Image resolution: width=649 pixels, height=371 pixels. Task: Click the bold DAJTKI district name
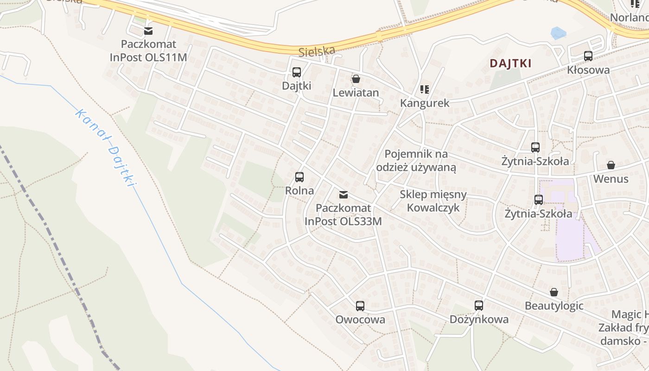(510, 64)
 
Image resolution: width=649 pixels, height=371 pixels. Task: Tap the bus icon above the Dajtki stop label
(297, 72)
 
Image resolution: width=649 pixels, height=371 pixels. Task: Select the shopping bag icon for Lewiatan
(356, 79)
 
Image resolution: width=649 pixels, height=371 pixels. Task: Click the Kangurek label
(425, 103)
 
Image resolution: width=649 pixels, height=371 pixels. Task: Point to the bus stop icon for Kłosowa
(588, 56)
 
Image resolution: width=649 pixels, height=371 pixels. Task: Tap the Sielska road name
(317, 51)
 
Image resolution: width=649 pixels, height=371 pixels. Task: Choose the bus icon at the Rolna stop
(299, 177)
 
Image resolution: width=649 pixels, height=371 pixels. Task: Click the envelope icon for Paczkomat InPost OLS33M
(343, 195)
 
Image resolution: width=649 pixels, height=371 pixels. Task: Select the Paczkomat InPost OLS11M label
(148, 51)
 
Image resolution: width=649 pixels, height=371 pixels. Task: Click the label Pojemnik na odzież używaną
(416, 160)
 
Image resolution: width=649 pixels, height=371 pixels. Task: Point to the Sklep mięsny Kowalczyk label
(433, 201)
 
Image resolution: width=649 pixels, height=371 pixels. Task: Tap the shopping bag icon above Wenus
(611, 165)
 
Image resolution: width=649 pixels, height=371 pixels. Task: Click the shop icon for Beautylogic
(554, 292)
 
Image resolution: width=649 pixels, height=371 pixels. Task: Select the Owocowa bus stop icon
(360, 306)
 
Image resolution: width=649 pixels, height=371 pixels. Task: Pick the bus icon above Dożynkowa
(478, 306)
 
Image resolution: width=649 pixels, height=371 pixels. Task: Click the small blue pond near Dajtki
(558, 33)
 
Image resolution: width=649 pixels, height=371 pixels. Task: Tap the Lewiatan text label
(356, 93)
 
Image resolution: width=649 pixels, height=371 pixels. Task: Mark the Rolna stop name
(299, 191)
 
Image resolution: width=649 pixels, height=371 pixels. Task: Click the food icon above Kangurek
(424, 89)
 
